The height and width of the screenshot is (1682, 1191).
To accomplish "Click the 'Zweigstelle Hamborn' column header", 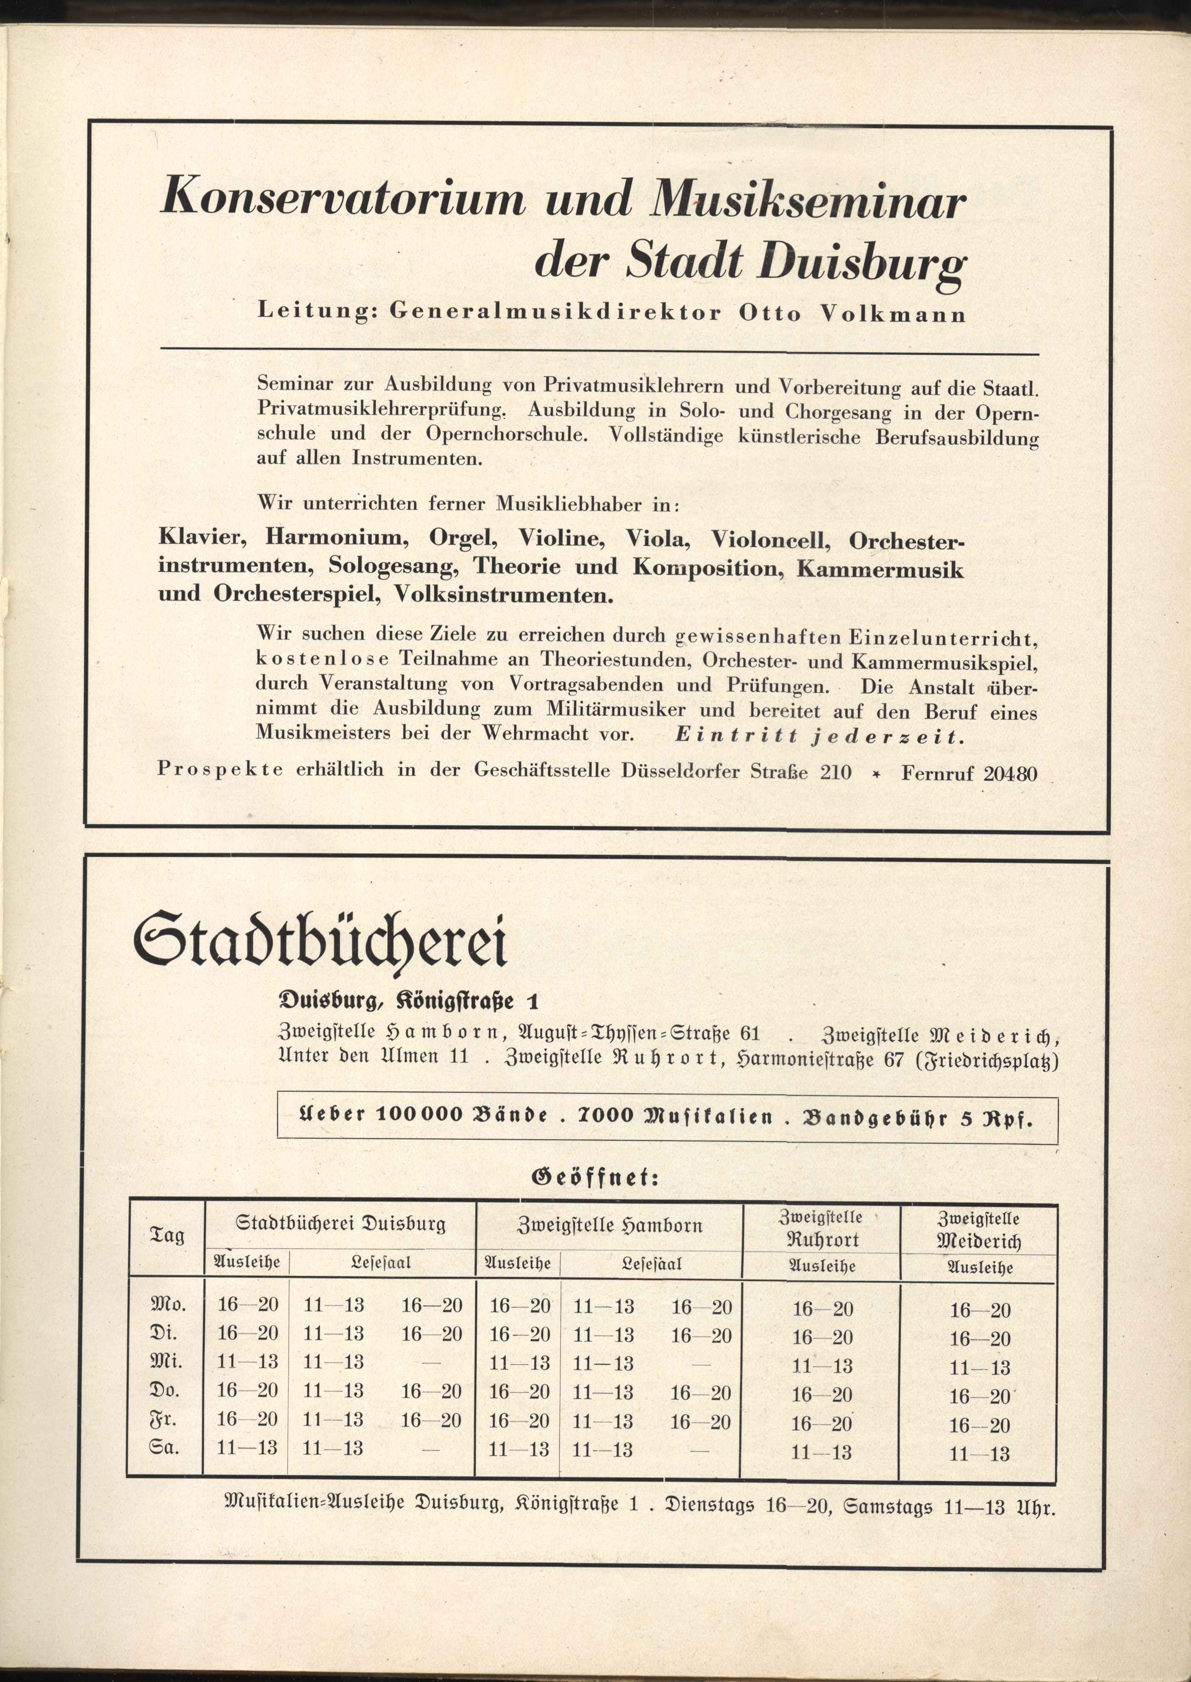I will pos(609,1225).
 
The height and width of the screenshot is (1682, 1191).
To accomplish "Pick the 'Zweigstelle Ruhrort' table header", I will pos(822,1228).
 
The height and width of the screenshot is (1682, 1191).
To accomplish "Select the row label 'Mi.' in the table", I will pos(167,1361).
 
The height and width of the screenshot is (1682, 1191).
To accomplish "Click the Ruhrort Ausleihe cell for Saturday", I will pos(822,1452).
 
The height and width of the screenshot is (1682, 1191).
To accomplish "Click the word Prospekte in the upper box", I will pos(219,770).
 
